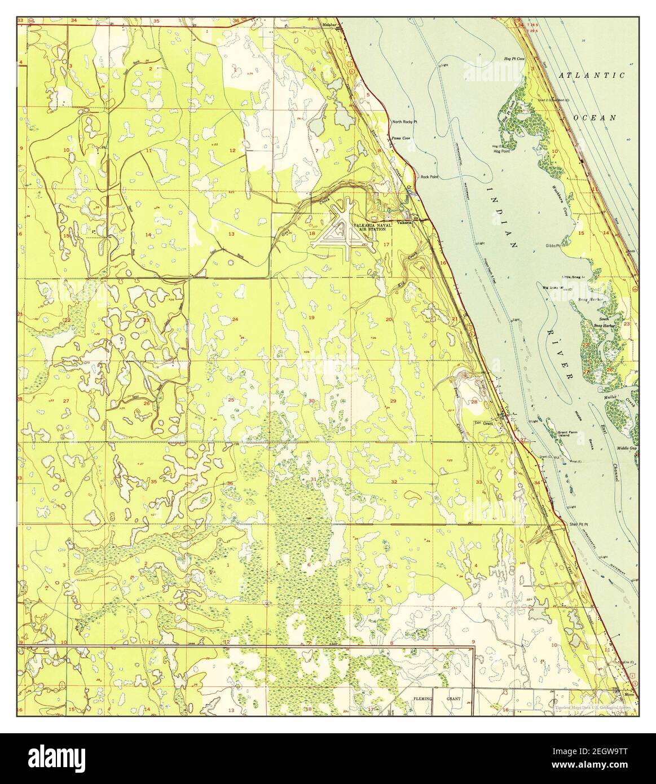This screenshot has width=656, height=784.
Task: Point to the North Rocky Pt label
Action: click(x=404, y=122)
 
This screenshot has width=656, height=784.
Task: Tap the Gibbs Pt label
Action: click(x=552, y=246)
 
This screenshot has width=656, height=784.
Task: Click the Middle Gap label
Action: click(x=627, y=448)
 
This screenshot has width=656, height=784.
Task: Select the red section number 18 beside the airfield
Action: click(x=311, y=233)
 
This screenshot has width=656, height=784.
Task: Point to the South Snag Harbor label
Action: click(x=604, y=322)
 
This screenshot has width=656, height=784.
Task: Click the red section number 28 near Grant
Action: click(x=474, y=402)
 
